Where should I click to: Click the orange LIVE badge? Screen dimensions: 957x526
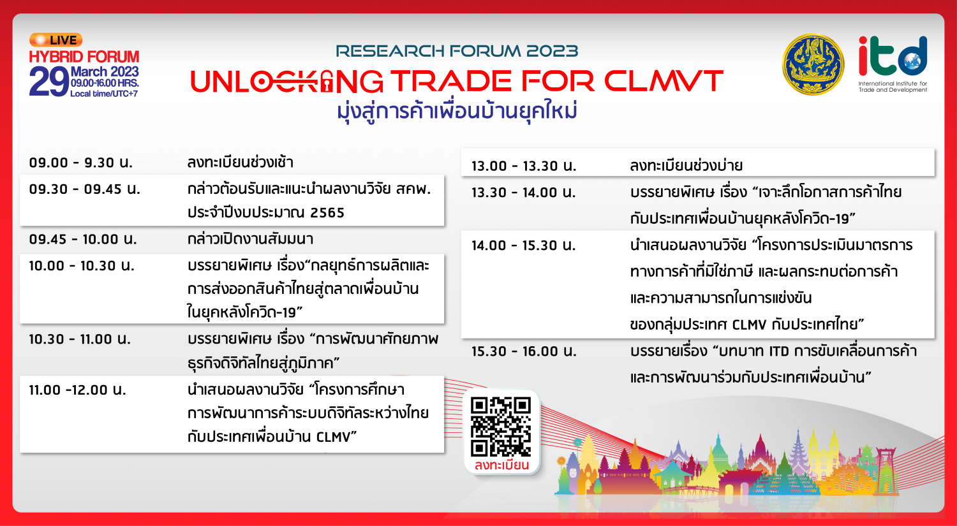(x=56, y=40)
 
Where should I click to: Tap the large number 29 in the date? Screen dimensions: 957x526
(x=49, y=82)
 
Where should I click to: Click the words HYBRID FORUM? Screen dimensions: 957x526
(x=84, y=57)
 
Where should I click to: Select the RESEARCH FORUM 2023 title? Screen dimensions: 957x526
(x=457, y=51)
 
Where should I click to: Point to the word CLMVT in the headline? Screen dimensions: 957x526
(x=664, y=81)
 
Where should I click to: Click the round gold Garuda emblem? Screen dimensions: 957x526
(x=813, y=64)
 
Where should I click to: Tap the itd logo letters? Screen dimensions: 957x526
(x=893, y=56)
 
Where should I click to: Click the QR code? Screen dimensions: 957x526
(x=501, y=427)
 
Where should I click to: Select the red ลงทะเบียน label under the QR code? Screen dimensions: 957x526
(x=501, y=465)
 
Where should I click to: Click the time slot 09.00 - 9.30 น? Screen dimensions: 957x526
(x=81, y=163)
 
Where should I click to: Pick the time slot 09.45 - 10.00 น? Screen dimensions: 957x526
(x=83, y=239)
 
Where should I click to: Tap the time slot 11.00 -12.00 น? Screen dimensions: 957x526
(x=77, y=390)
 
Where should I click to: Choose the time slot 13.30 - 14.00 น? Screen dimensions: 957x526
(x=524, y=193)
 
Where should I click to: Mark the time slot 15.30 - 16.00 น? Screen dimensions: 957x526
(x=524, y=351)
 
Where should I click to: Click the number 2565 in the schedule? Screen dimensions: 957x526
(x=327, y=212)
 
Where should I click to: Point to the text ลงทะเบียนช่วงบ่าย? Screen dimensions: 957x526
(x=686, y=166)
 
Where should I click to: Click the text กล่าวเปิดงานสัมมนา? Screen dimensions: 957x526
(x=250, y=239)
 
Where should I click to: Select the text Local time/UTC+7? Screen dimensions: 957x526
(x=104, y=94)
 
